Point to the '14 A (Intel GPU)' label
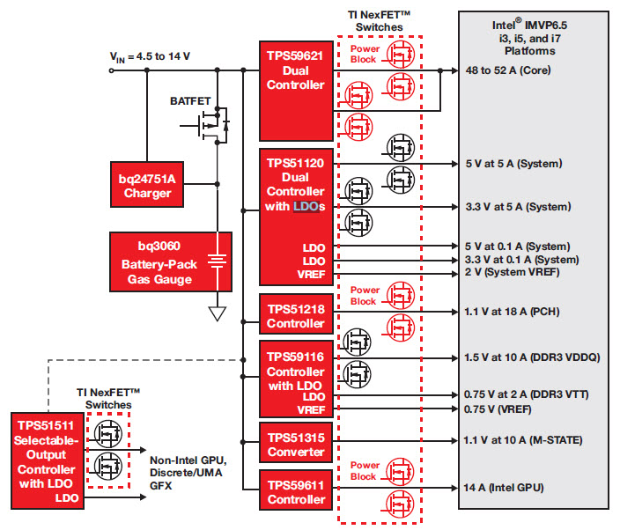coord(504,487)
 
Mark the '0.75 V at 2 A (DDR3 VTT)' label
coord(525,394)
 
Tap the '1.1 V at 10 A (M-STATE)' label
coord(523,439)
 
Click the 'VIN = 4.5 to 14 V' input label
coord(150,57)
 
